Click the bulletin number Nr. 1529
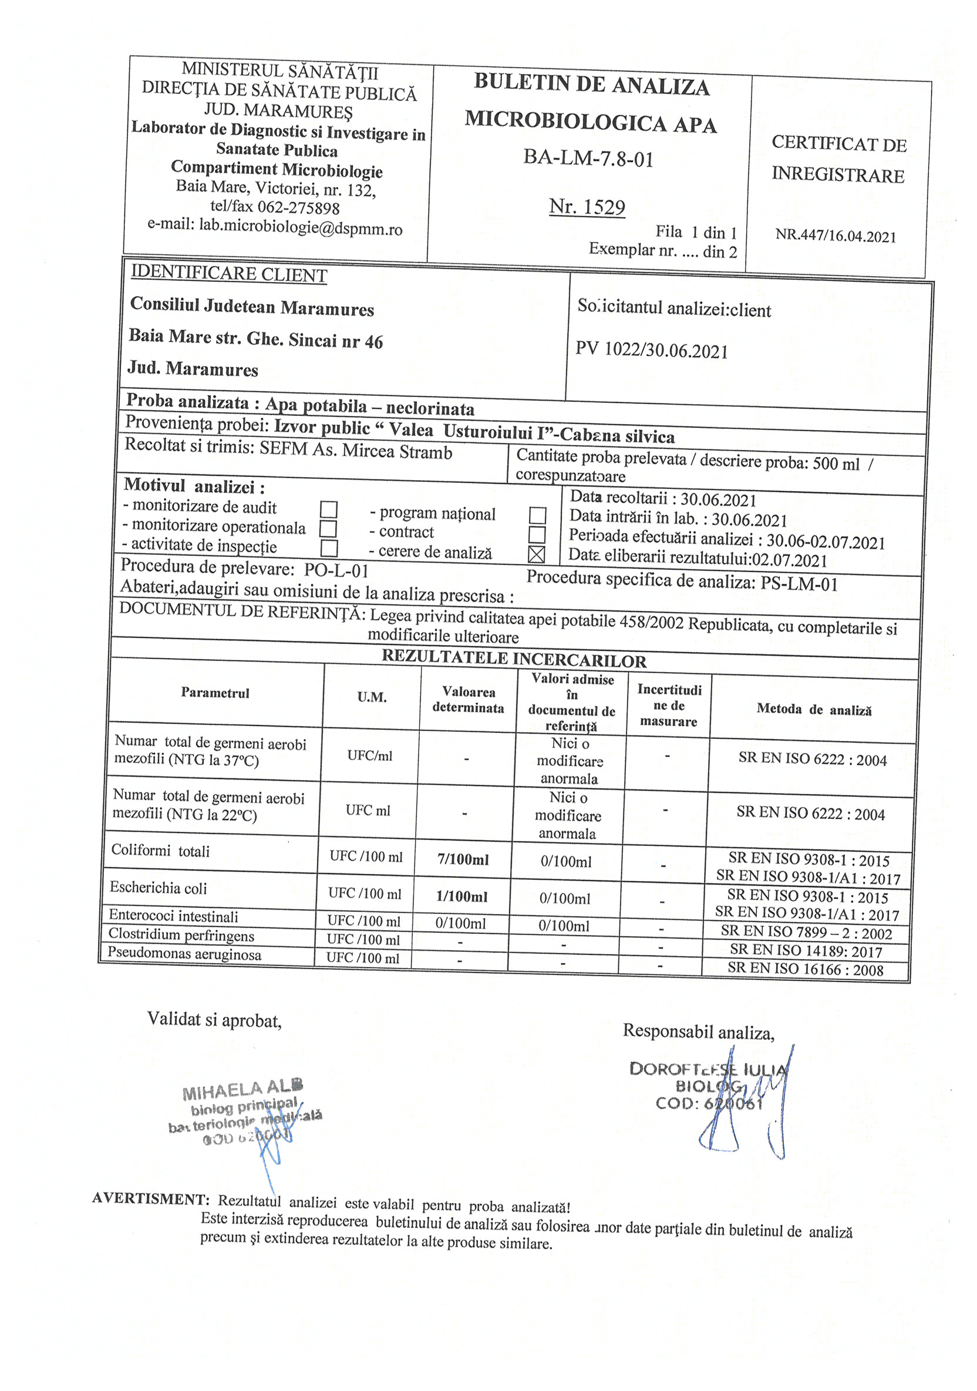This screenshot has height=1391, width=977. (587, 207)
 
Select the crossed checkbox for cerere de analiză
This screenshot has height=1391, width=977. (536, 555)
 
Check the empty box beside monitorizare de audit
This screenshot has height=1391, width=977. (329, 509)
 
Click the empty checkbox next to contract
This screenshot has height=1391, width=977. (537, 535)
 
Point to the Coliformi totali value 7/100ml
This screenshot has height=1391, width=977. (463, 859)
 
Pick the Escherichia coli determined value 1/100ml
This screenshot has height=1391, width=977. (461, 896)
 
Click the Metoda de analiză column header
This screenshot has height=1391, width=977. (813, 710)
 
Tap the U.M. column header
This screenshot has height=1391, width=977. (371, 697)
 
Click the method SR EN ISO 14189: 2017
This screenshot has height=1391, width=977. (806, 951)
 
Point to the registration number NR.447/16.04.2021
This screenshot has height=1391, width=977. (835, 236)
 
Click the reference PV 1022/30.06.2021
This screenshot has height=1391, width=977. (651, 350)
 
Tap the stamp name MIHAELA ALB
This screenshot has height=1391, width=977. (242, 1088)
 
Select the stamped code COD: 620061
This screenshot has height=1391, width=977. (709, 1104)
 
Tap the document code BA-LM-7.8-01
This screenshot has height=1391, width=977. (588, 159)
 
